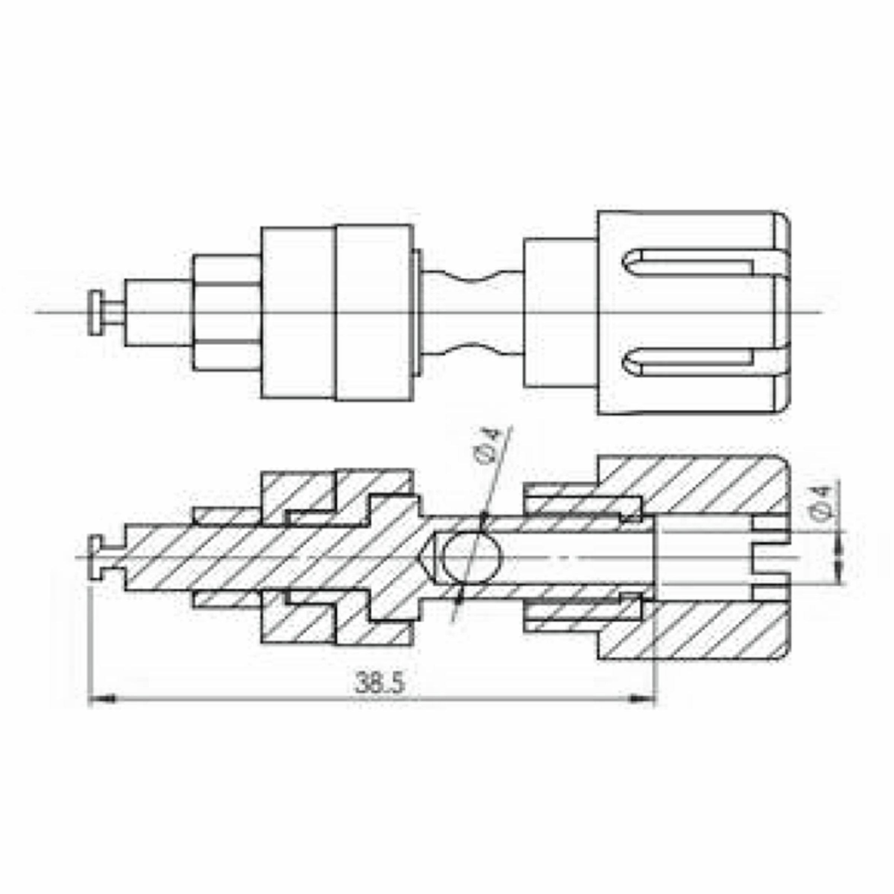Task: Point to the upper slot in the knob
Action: pos(689,262)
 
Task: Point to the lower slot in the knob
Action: pos(689,363)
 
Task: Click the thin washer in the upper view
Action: pos(417,313)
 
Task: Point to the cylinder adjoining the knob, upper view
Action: pos(560,313)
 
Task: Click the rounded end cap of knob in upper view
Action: pos(782,313)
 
